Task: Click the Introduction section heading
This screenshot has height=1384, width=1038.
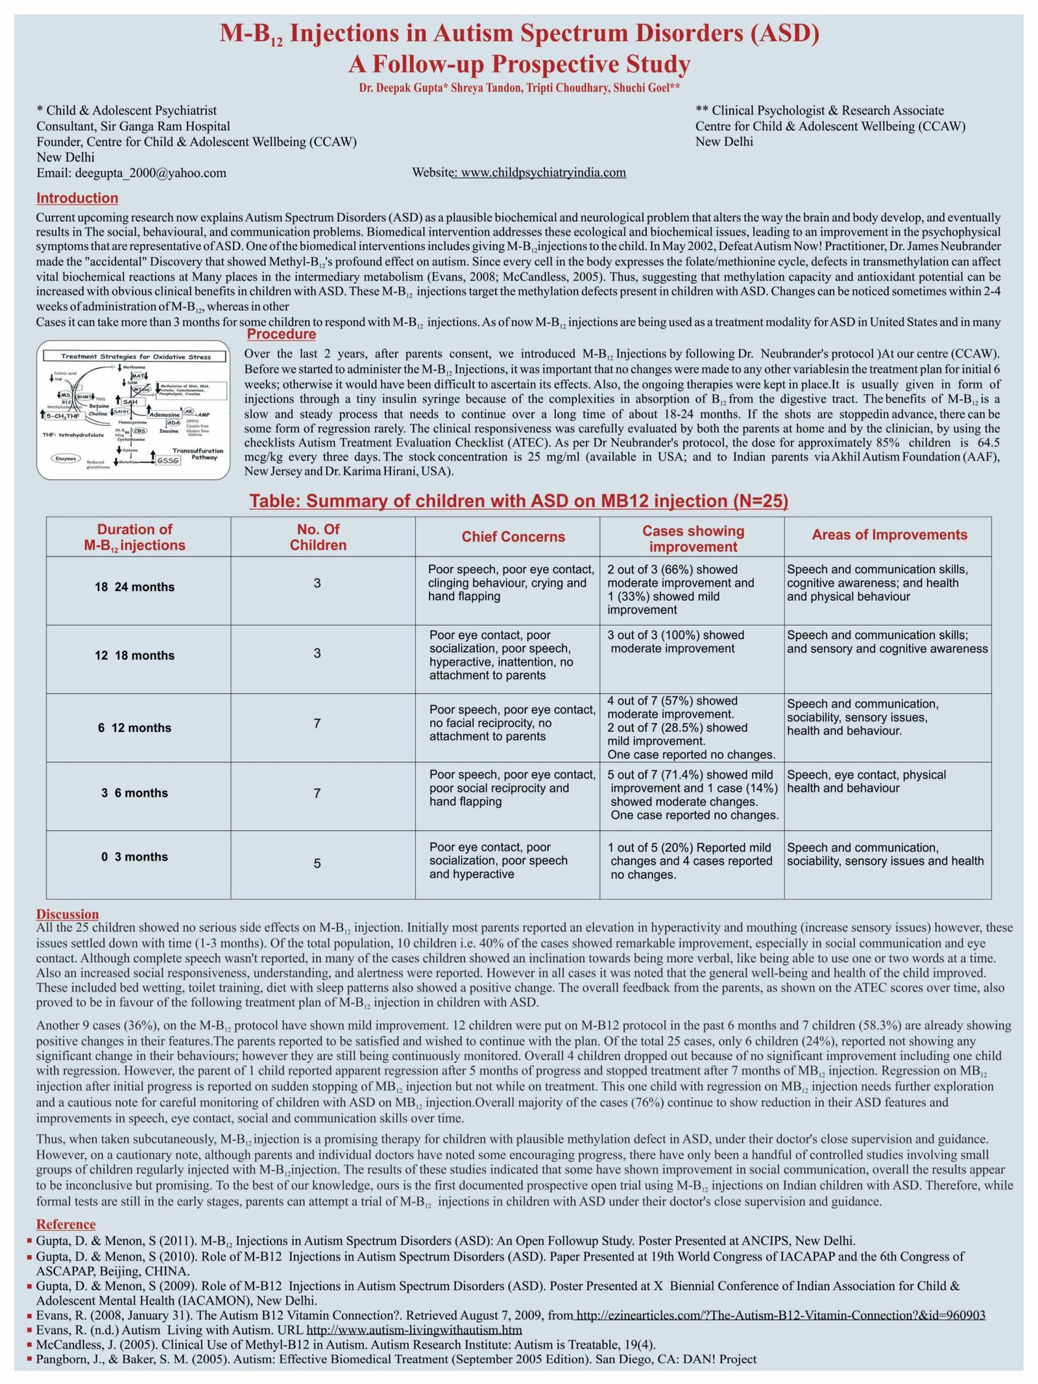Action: tap(77, 198)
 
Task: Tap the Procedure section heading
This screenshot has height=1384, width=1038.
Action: tap(281, 334)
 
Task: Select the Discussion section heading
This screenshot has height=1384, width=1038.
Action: tap(67, 914)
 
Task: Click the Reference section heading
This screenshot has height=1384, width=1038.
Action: tap(66, 1224)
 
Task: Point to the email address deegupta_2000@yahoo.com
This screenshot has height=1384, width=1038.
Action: tap(151, 173)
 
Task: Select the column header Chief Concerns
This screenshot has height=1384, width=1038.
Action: tap(513, 537)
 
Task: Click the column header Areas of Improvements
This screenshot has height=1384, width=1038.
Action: tap(889, 535)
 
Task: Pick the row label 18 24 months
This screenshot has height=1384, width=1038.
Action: tap(134, 587)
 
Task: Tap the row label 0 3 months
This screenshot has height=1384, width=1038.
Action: tap(134, 856)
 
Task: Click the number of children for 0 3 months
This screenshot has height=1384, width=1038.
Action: tap(317, 863)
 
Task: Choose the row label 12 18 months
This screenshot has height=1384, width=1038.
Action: tap(134, 655)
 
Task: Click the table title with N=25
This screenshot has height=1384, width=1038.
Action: tap(519, 501)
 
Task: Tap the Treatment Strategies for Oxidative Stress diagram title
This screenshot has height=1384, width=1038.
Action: tap(136, 356)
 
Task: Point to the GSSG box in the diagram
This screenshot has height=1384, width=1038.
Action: tap(168, 460)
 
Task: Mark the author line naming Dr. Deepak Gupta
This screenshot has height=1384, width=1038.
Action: tap(519, 88)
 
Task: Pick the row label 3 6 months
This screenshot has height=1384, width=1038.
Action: tap(134, 793)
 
